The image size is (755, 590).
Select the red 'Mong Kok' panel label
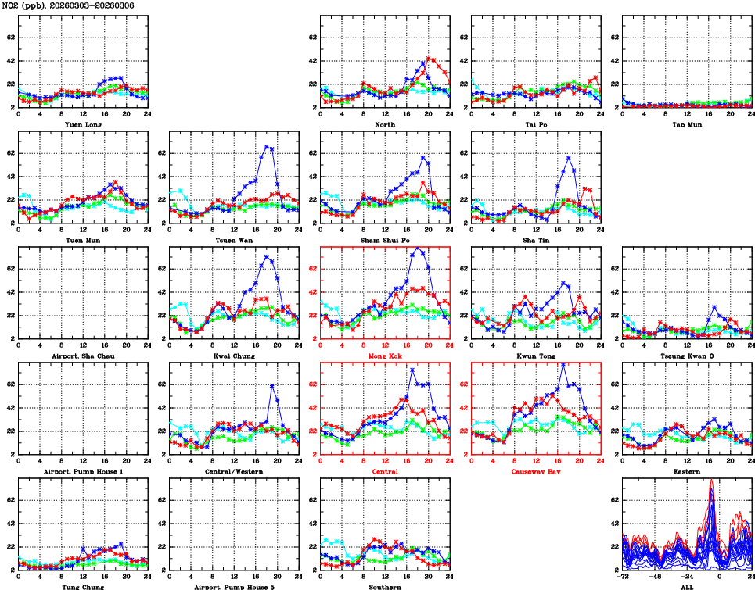click(385, 356)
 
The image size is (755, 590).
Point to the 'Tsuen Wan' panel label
click(234, 240)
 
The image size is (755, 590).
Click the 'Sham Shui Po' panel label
click(385, 240)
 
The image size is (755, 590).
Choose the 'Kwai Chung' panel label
click(234, 356)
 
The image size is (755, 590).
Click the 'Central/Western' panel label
click(234, 471)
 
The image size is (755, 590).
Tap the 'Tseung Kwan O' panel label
click(686, 356)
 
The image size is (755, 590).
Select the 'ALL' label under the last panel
click(686, 586)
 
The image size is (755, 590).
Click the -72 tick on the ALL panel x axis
click(624, 577)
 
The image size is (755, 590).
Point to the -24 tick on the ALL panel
click(688, 577)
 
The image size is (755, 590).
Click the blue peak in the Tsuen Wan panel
click(267, 146)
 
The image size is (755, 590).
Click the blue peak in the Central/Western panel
click(271, 385)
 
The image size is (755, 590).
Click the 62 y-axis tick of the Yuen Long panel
click(9, 37)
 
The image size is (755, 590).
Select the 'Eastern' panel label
click(686, 471)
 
